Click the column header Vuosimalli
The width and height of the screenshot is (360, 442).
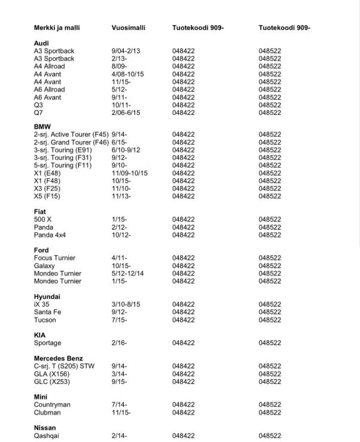pyautogui.click(x=128, y=28)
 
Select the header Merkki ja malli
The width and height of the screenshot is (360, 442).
pyautogui.click(x=57, y=28)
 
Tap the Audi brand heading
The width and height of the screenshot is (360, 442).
pyautogui.click(x=41, y=44)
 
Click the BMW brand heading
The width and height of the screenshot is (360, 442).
pyautogui.click(x=42, y=127)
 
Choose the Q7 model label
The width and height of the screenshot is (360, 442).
pyautogui.click(x=39, y=112)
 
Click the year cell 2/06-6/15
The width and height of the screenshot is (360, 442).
pyautogui.click(x=126, y=112)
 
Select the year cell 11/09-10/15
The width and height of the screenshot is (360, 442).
pyautogui.click(x=130, y=173)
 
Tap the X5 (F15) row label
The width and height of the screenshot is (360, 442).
pyautogui.click(x=47, y=196)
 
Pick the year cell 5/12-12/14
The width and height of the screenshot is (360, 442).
pyautogui.click(x=128, y=273)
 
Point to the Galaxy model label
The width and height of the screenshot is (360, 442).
pyautogui.click(x=44, y=266)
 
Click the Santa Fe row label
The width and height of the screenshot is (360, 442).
pyautogui.click(x=47, y=312)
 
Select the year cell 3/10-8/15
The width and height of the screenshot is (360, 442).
pyautogui.click(x=126, y=304)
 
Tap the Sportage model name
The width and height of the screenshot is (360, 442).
pyautogui.click(x=47, y=343)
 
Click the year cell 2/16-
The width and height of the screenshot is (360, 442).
pyautogui.click(x=119, y=343)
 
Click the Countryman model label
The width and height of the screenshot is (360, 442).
pyautogui.click(x=52, y=405)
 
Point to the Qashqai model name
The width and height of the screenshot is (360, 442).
pyautogui.click(x=47, y=436)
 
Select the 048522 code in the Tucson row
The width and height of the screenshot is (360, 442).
pyautogui.click(x=270, y=320)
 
